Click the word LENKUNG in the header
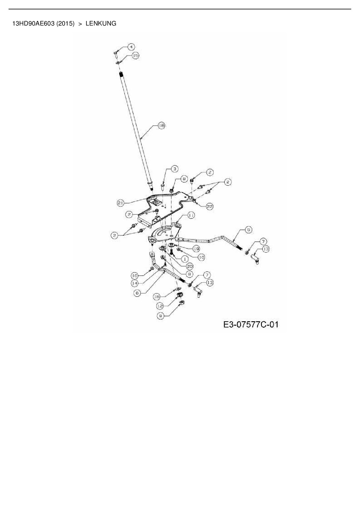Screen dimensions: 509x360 click(x=101, y=24)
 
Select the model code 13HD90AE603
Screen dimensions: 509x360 click(x=33, y=24)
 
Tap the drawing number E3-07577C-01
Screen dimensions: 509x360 click(x=251, y=324)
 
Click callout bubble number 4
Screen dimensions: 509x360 click(x=131, y=47)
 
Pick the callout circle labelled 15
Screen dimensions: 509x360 click(x=135, y=55)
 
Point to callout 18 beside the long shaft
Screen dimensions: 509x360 click(x=161, y=126)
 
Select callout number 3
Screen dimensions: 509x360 click(x=174, y=169)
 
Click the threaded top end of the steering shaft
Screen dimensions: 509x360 click(x=121, y=75)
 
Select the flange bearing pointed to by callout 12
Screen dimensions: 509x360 click(x=179, y=295)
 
